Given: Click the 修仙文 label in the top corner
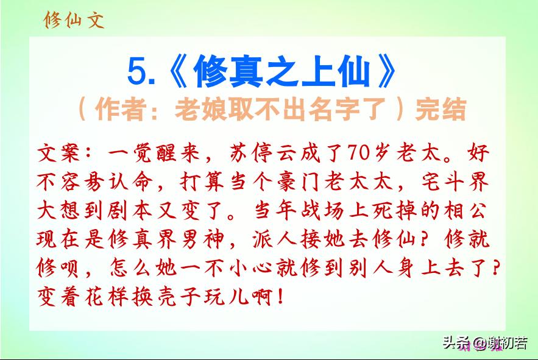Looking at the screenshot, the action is click(74, 19).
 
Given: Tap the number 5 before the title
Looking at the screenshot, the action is click(137, 71).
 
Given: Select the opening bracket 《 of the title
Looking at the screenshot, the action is click(177, 71).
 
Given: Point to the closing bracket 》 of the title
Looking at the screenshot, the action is click(387, 71).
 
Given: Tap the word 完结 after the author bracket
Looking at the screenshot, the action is click(441, 109).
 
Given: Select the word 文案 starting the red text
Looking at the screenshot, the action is click(58, 153).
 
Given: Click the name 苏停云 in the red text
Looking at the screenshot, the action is click(263, 153).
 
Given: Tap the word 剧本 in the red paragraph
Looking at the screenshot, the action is click(129, 210).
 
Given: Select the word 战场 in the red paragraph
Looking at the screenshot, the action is click(322, 210).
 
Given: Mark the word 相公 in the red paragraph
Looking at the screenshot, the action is click(465, 210).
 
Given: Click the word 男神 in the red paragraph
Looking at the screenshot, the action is click(203, 239).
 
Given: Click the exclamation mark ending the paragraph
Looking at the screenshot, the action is click(281, 297).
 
